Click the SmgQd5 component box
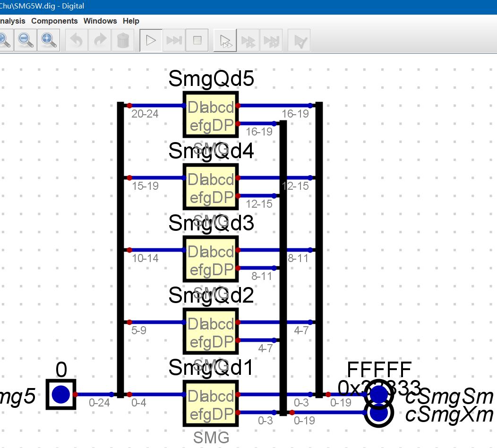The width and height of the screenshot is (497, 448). (x=211, y=115)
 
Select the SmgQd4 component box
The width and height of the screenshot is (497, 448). (x=211, y=187)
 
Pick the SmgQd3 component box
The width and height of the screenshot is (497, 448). (x=211, y=259)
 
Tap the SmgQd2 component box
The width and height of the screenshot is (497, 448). (x=211, y=331)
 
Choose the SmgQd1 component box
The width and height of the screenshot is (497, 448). (x=211, y=404)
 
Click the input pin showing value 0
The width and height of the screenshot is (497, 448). (x=61, y=394)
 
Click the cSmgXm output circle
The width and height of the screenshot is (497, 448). (x=379, y=413)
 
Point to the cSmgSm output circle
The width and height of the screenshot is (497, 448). (x=379, y=393)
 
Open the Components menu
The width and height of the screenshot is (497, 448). (x=54, y=21)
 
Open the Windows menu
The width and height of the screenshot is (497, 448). (x=100, y=21)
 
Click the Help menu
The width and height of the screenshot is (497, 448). (x=131, y=21)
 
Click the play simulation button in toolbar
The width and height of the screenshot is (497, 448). (x=151, y=41)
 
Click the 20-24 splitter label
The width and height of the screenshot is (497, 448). (x=146, y=114)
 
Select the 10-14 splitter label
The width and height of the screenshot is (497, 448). (x=146, y=258)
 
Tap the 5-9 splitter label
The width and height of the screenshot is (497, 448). (x=139, y=330)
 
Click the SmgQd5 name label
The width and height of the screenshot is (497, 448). (x=211, y=79)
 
